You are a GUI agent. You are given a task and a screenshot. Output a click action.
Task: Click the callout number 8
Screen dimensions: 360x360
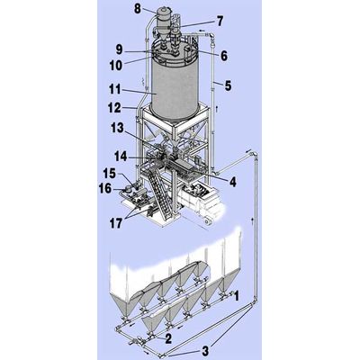click(x=138, y=8)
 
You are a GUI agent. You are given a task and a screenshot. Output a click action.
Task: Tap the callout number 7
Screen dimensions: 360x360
click(x=220, y=22)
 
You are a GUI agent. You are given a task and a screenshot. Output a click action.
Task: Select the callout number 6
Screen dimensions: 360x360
click(x=224, y=56)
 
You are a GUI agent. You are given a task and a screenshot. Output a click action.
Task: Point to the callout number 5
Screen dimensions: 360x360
click(x=229, y=85)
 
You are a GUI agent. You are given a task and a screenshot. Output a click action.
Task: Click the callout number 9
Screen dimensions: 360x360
click(x=120, y=50)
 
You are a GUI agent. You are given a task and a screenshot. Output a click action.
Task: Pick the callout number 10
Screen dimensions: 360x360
click(x=116, y=66)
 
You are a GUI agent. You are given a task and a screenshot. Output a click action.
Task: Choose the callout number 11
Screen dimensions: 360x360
click(x=115, y=90)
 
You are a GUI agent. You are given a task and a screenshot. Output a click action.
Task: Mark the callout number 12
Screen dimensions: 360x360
click(x=114, y=108)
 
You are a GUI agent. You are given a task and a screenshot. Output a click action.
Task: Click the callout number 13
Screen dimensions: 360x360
click(x=117, y=128)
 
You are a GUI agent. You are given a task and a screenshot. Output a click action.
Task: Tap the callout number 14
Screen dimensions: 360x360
click(x=121, y=157)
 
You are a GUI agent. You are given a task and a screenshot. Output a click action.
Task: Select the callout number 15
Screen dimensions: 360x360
click(x=109, y=173)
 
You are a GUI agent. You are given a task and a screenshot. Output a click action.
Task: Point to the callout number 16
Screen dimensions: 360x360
click(x=105, y=189)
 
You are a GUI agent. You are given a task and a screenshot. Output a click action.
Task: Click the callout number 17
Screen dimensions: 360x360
click(x=116, y=223)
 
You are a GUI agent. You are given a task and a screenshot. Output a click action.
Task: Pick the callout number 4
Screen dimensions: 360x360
click(x=232, y=182)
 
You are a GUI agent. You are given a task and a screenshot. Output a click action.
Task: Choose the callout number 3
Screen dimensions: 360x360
click(x=205, y=351)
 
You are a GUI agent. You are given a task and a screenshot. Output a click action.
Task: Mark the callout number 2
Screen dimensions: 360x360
click(x=168, y=339)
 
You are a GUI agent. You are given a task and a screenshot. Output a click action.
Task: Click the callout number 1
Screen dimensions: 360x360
click(x=237, y=296)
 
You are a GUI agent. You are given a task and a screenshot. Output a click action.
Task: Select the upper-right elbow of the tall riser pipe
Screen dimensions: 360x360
click(x=255, y=155)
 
